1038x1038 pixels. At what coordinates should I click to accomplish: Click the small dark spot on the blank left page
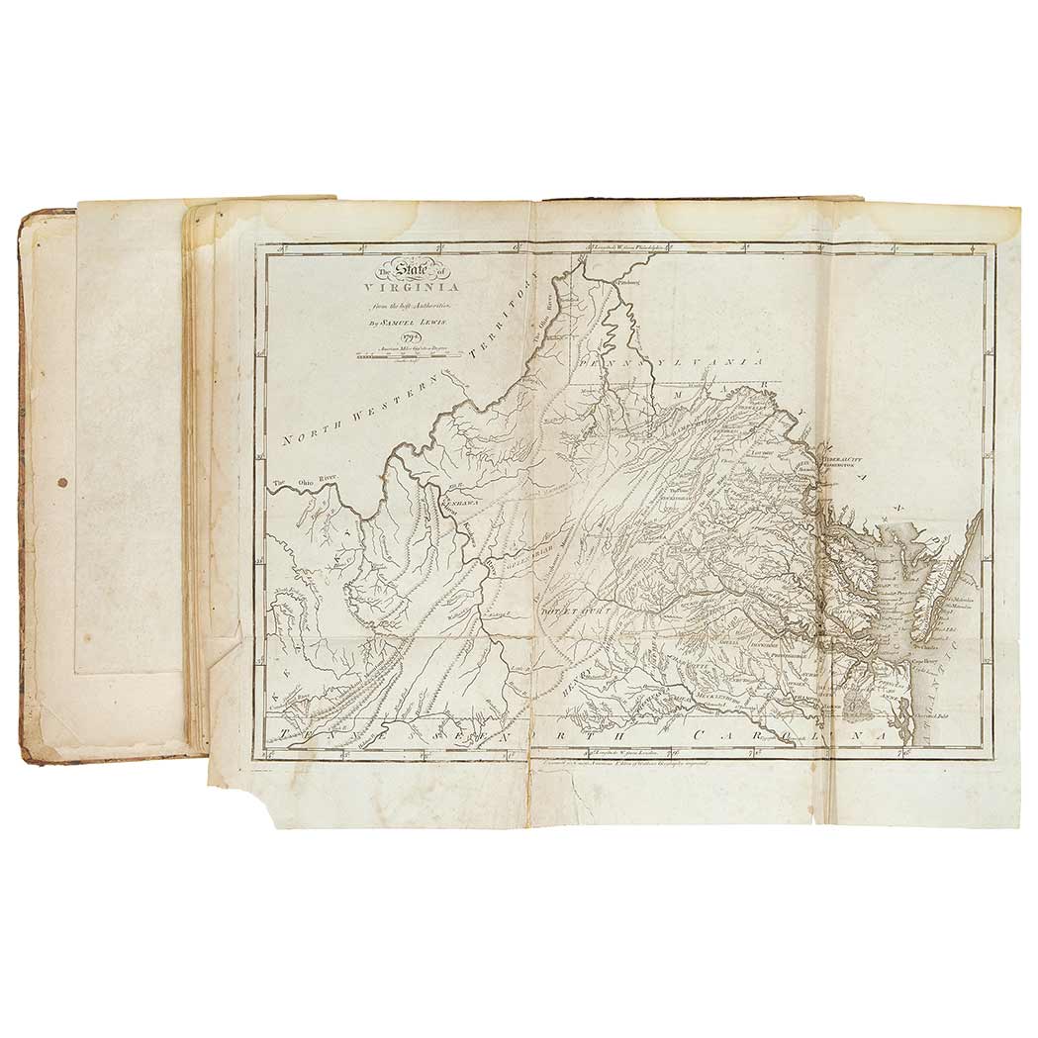pyautogui.click(x=63, y=483)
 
